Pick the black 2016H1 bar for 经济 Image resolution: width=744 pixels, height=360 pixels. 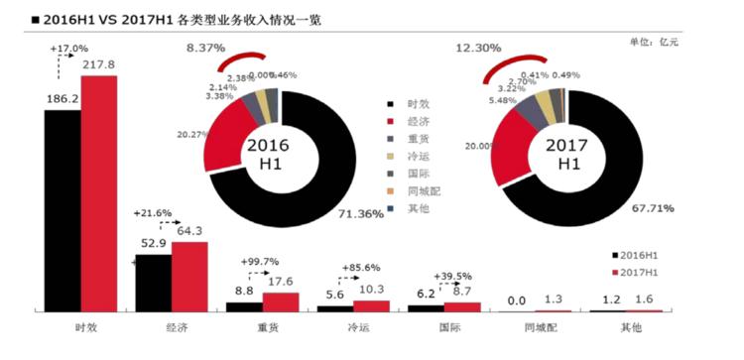[x=153, y=283]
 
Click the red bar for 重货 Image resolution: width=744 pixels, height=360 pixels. [x=280, y=301]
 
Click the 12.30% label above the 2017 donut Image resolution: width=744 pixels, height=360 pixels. [x=478, y=48]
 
